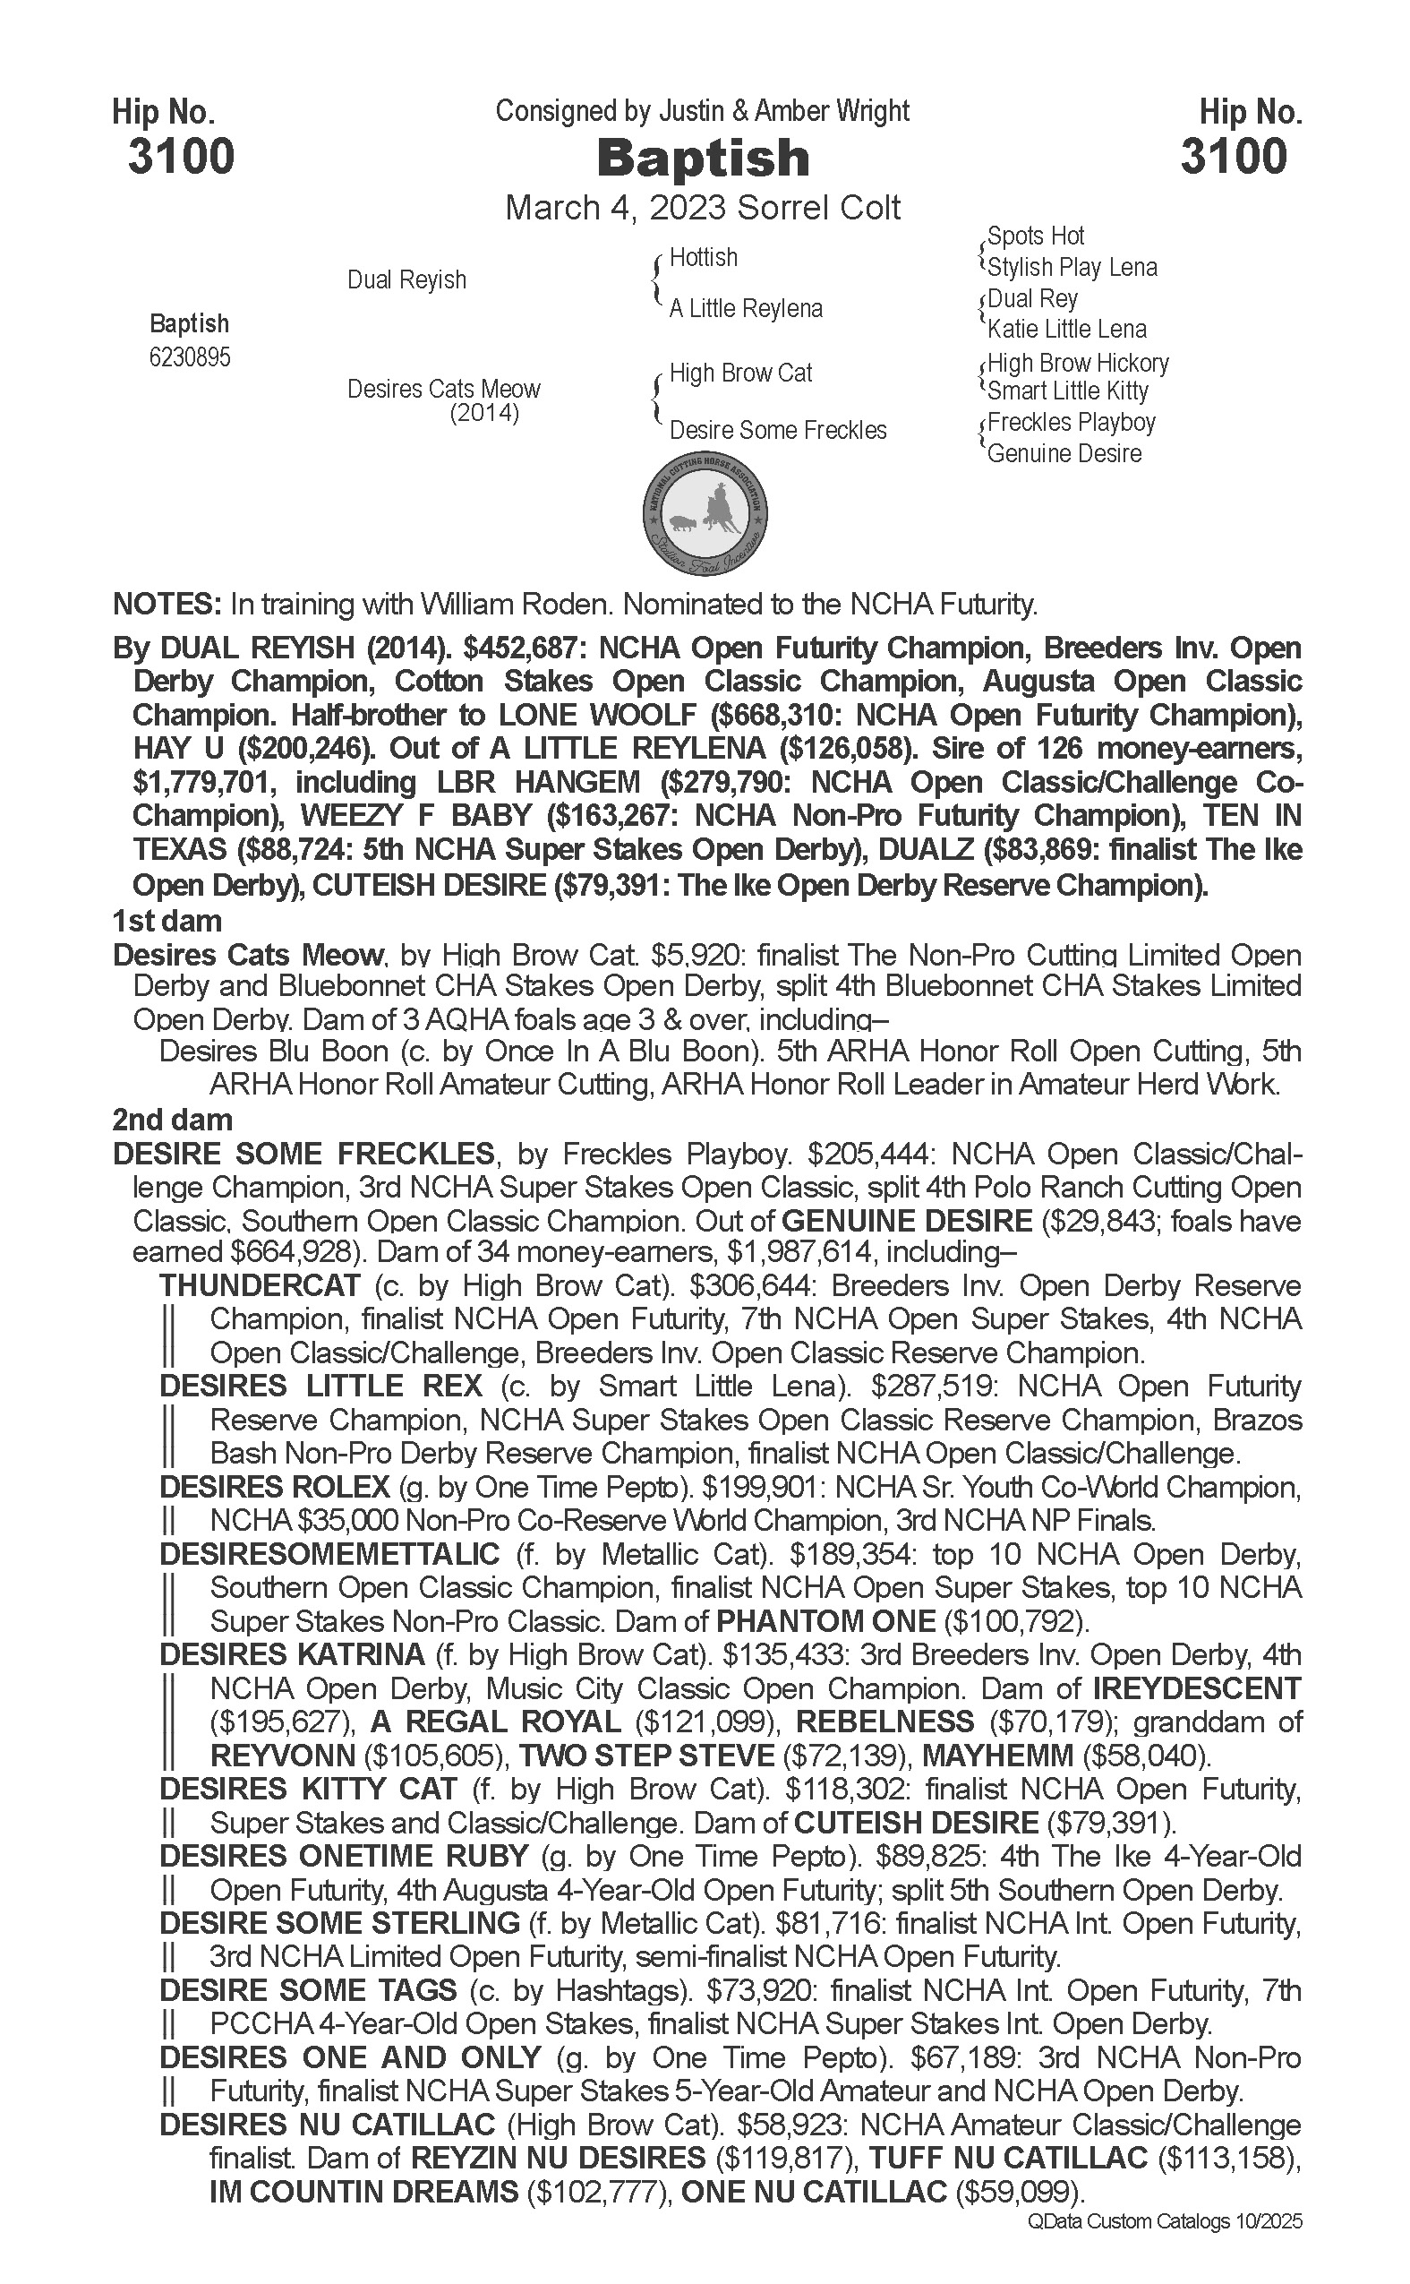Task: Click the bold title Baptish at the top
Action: [703, 158]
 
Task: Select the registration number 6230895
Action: [189, 358]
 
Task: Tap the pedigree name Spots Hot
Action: [1035, 236]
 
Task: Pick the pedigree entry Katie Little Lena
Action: [1067, 330]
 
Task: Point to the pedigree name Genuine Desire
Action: [1064, 454]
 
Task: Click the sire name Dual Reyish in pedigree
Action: [406, 279]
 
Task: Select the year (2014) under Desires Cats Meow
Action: [484, 412]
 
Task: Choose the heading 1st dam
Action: [167, 921]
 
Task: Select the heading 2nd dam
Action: [173, 1120]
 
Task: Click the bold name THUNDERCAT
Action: [260, 1285]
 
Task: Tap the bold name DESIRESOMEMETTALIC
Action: [330, 1554]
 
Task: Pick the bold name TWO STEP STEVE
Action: [646, 1756]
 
